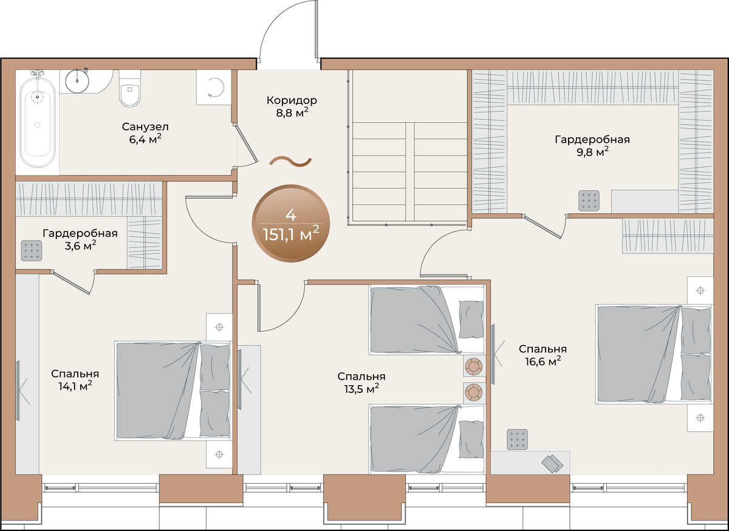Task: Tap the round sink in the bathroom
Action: click(77, 81)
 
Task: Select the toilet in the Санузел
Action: click(130, 88)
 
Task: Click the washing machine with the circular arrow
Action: click(213, 87)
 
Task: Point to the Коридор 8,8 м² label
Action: click(292, 106)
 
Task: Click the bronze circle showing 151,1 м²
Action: click(291, 224)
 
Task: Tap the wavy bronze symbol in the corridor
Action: click(290, 161)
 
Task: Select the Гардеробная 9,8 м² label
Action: click(592, 146)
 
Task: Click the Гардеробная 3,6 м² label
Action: click(80, 239)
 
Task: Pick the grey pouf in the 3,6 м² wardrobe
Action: click(32, 251)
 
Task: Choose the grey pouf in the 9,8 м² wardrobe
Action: click(589, 200)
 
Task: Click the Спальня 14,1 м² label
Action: click(75, 380)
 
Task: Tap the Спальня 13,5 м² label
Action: click(361, 383)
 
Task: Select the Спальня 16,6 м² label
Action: click(543, 355)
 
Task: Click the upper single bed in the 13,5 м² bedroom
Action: click(427, 320)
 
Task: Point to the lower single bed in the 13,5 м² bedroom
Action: click(427, 439)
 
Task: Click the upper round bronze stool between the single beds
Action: click(474, 366)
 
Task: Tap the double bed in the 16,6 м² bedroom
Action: click(654, 354)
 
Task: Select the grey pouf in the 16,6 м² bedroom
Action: click(517, 439)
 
